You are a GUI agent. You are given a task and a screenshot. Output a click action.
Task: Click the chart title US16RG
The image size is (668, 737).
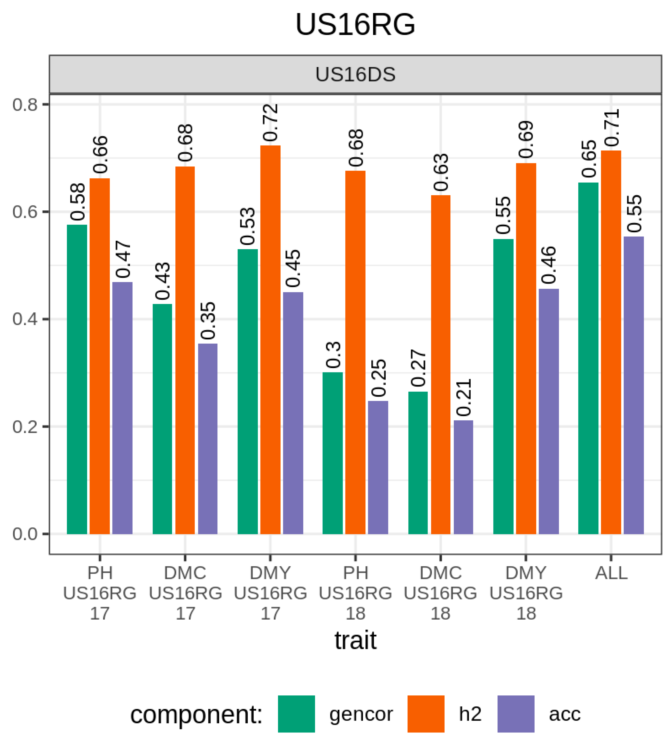[355, 25]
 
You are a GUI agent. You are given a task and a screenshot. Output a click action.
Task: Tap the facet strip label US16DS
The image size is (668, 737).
[355, 75]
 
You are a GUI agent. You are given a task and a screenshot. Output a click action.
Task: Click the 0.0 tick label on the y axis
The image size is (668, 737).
[25, 534]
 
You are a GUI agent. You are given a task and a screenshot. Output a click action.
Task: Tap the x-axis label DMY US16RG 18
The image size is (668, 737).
[526, 593]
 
